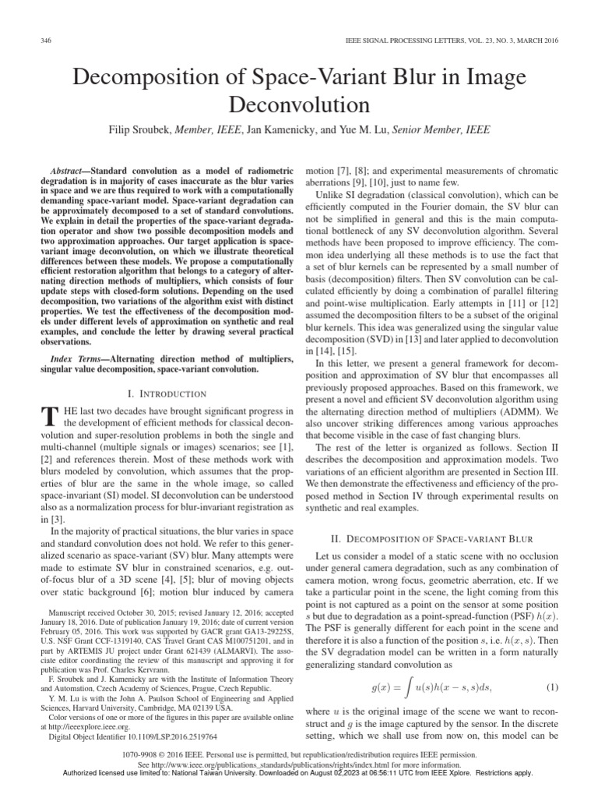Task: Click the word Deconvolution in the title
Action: click(x=299, y=104)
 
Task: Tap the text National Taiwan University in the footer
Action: click(x=213, y=772)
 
